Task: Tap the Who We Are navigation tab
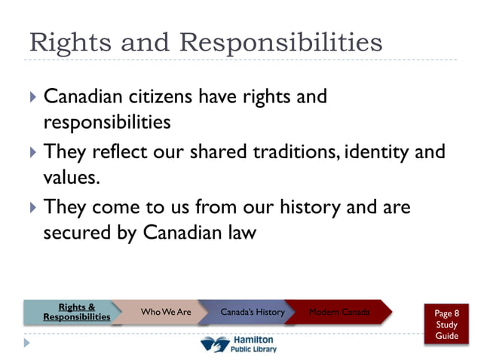(166, 312)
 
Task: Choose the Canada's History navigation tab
(252, 312)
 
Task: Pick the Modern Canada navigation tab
(339, 312)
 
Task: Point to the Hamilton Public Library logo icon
(214, 345)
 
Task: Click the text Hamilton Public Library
(254, 345)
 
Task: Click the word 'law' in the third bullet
(239, 233)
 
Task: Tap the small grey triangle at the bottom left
(27, 343)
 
